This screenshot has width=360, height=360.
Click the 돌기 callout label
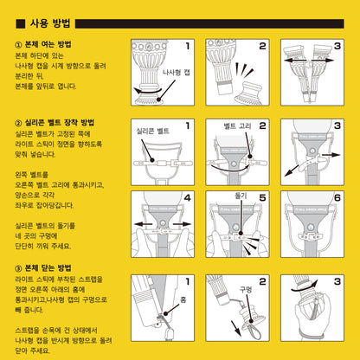pos(241,198)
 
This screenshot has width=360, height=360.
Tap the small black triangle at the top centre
pos(180,3)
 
